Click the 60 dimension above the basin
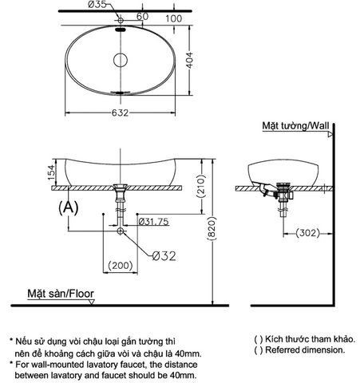144,15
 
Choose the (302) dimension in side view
308,233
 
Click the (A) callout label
68,206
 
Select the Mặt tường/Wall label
295,126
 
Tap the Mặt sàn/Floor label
60,294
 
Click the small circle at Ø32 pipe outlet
120,231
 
